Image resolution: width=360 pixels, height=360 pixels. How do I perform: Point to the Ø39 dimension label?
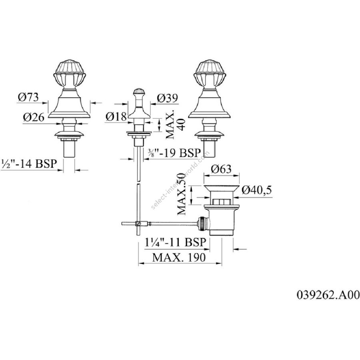click(168, 98)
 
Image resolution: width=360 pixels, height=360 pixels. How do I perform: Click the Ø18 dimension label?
click(116, 117)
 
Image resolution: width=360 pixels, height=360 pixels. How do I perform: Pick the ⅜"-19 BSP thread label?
click(177, 152)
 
